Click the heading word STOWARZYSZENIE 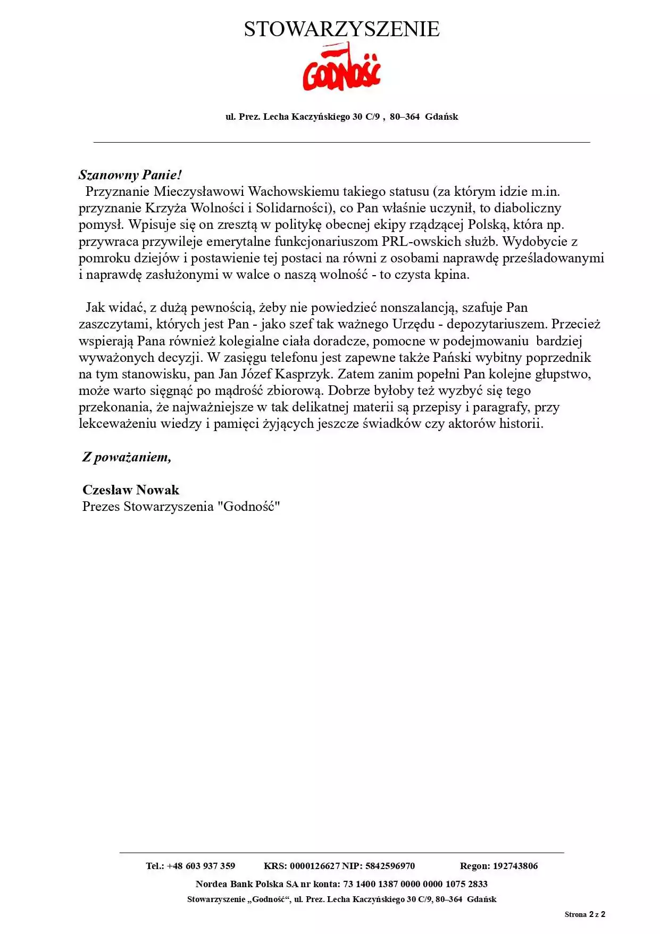(x=341, y=29)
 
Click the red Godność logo (x=341, y=69)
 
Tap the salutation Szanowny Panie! (x=130, y=175)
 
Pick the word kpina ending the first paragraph (x=452, y=275)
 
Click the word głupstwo (x=563, y=374)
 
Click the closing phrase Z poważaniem (x=127, y=457)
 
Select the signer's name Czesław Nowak (x=131, y=490)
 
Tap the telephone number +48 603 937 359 (x=201, y=866)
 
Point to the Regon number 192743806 (x=515, y=866)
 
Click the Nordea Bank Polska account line (x=341, y=884)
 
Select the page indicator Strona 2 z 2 (x=585, y=915)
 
